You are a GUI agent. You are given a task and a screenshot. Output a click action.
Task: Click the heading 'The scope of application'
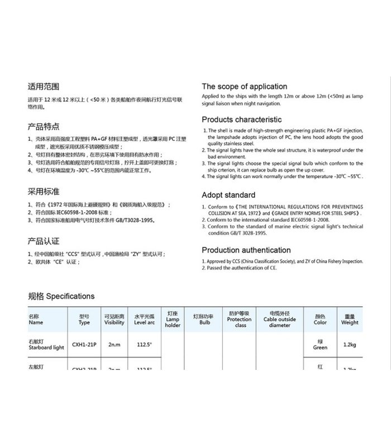[x=244, y=87]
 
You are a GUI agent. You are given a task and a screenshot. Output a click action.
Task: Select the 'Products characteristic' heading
[x=241, y=120]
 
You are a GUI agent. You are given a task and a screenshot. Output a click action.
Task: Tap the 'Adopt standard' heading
[x=228, y=195]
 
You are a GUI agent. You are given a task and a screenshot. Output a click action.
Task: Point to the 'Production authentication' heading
[x=246, y=250]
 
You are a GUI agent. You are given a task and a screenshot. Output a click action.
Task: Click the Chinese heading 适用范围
[x=44, y=87]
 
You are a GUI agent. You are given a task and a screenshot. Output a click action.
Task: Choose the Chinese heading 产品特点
[x=44, y=126]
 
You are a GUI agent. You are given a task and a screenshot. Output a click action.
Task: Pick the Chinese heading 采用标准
[x=44, y=191]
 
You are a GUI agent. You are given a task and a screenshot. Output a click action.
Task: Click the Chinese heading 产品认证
[x=44, y=241]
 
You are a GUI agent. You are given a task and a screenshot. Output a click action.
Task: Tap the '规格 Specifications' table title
[x=61, y=296]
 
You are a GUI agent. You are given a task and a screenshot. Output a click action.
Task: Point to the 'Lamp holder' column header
[x=173, y=319]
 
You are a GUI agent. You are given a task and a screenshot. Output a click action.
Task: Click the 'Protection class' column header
[x=240, y=319]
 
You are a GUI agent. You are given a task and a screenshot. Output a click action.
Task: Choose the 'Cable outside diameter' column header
[x=280, y=319]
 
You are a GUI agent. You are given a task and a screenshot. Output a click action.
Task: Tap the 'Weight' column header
[x=350, y=319]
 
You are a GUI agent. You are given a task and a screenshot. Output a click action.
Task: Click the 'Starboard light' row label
[x=46, y=345]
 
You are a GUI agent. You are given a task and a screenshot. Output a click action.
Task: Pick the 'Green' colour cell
[x=320, y=345]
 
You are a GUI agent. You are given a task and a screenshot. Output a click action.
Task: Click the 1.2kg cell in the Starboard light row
[x=350, y=345]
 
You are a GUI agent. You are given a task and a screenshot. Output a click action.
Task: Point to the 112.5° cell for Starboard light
[x=144, y=345]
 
